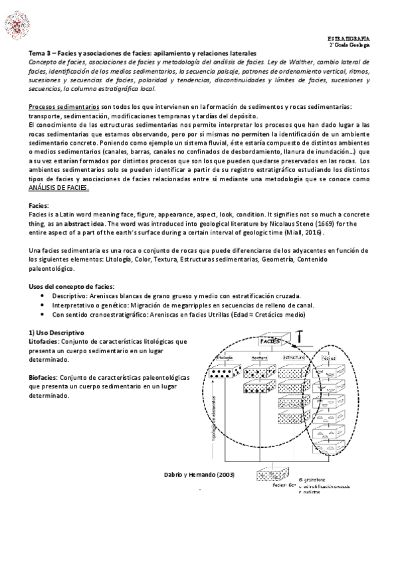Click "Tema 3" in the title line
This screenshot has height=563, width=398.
tap(41, 52)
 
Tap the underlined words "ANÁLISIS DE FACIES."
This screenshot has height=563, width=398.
tap(59, 188)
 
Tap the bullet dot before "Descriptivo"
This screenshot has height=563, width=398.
tap(43, 295)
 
